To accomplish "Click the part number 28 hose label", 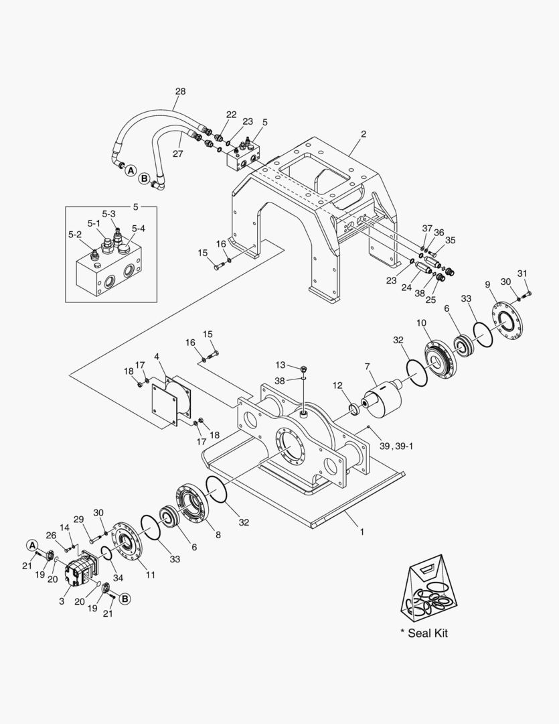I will click(x=180, y=91).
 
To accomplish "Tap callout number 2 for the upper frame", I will click(x=364, y=134).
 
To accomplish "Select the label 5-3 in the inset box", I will click(x=109, y=214).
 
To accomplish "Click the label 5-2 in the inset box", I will click(x=75, y=235).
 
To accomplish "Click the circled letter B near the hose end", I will click(x=144, y=178).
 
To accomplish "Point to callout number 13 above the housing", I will click(x=281, y=365).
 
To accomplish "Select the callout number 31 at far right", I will click(x=522, y=273).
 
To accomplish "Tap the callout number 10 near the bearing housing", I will click(x=422, y=323).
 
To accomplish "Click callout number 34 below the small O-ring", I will click(x=118, y=577).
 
